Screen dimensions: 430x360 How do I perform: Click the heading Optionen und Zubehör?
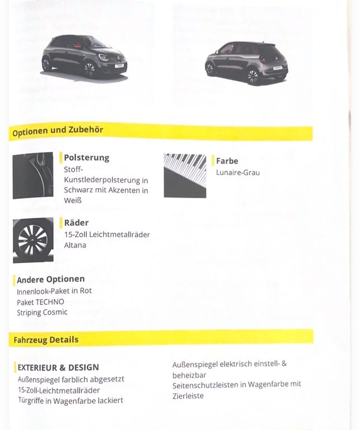tap(58, 131)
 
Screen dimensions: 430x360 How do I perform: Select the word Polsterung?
tap(86, 158)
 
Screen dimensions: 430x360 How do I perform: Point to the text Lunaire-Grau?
tap(237, 172)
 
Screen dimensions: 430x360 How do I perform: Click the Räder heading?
tap(76, 222)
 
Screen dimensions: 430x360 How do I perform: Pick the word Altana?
tap(75, 245)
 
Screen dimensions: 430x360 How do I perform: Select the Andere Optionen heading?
tap(51, 279)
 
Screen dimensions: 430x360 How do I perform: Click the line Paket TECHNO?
tap(40, 302)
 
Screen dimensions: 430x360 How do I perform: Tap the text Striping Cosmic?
tap(42, 312)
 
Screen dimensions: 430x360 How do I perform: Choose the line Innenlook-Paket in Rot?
tap(54, 291)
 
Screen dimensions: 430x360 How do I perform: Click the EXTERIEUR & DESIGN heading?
tap(58, 367)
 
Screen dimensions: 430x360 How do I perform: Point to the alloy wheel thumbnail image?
tap(33, 240)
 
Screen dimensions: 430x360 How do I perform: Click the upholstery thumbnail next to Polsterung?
tap(33, 175)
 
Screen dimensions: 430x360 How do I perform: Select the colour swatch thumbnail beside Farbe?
tap(185, 175)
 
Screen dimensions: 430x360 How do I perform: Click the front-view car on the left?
tap(85, 58)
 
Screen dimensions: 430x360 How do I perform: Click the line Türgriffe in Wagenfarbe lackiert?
tap(71, 400)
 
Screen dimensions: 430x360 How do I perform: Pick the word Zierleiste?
tap(188, 396)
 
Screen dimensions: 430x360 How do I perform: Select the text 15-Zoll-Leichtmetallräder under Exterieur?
tap(59, 390)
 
